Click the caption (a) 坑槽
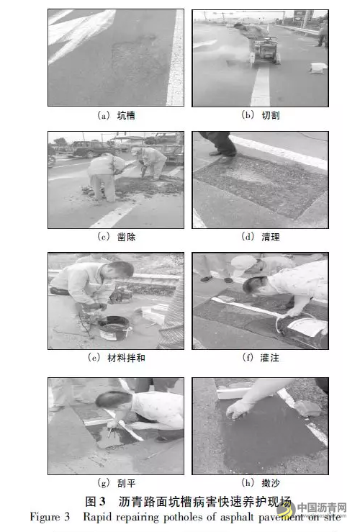click(115, 115)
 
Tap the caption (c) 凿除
click(115, 236)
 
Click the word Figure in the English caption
click(46, 517)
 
